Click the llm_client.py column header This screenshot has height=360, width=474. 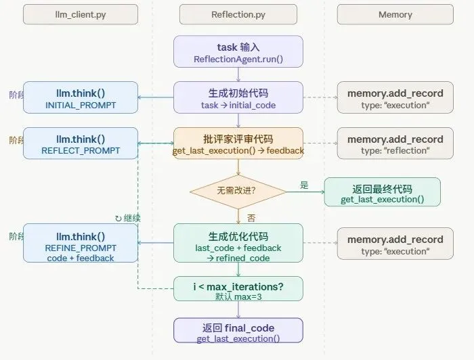(x=80, y=14)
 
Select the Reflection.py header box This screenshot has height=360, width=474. (x=237, y=14)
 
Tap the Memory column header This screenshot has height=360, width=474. (x=395, y=14)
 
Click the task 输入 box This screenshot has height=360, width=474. (x=238, y=52)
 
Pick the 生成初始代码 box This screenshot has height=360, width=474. (x=238, y=98)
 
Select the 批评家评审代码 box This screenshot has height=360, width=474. (x=238, y=143)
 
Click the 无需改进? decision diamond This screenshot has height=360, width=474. (x=238, y=191)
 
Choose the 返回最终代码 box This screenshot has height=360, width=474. (x=382, y=192)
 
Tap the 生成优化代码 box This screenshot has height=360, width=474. (x=238, y=243)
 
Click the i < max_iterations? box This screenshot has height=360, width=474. (x=238, y=289)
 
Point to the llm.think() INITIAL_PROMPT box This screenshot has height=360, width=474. (x=81, y=98)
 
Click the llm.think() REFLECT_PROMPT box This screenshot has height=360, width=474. (x=81, y=143)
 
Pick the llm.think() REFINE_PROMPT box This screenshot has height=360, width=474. (x=81, y=243)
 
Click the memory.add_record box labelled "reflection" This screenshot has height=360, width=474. (x=395, y=143)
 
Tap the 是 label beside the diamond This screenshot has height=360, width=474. (x=304, y=185)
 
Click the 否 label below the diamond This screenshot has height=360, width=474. (x=251, y=218)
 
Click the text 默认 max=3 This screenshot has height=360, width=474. (x=238, y=296)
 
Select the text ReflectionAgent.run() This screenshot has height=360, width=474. (x=238, y=60)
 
